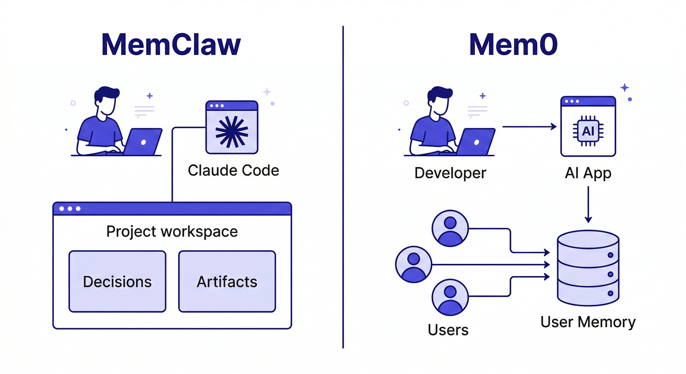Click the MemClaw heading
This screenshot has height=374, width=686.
pos(171,45)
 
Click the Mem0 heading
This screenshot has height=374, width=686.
pos(513,45)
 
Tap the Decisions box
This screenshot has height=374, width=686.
pos(117,281)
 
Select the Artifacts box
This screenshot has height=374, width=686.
pos(227,281)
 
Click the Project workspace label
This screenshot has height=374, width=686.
pos(172,231)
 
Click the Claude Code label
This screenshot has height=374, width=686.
pos(233,170)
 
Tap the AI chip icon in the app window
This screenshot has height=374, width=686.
pos(588,131)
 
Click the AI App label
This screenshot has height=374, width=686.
pos(588,173)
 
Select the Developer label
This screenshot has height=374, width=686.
pos(450,173)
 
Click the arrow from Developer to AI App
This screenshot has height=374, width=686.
pos(529,127)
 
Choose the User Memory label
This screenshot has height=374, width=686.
pos(588,322)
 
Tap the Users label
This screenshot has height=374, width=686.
pos(448,330)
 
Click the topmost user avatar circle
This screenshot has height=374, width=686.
pos(450,228)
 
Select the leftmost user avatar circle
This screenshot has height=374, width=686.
pos(414,264)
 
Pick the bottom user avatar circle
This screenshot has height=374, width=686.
pos(450,297)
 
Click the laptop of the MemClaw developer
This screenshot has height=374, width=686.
pos(143,142)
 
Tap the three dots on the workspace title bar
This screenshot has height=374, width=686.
pos(70,208)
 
